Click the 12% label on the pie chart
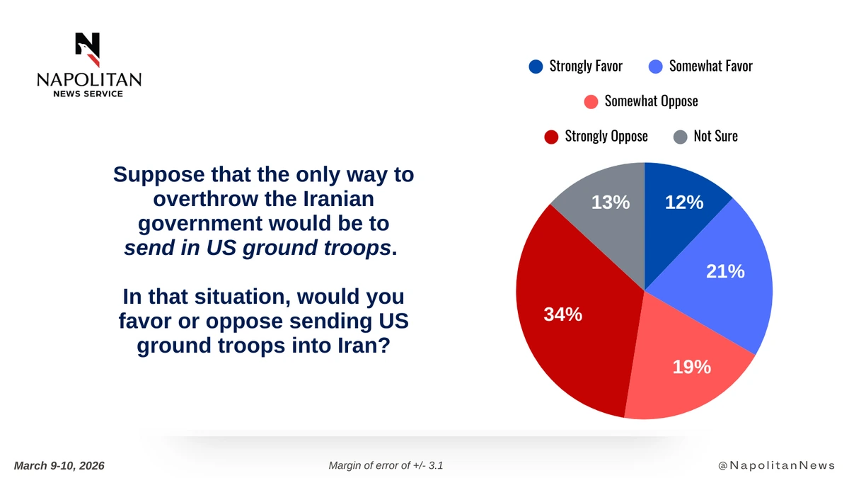pyautogui.click(x=684, y=203)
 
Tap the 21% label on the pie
pyautogui.click(x=725, y=271)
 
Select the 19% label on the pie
pyautogui.click(x=692, y=367)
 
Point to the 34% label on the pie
pyautogui.click(x=563, y=314)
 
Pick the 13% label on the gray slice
pyautogui.click(x=611, y=203)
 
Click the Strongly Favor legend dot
pyautogui.click(x=536, y=67)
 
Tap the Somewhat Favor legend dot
pyautogui.click(x=656, y=67)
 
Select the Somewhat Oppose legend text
pyautogui.click(x=651, y=101)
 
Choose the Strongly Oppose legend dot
pyautogui.click(x=551, y=137)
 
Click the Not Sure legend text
pyautogui.click(x=715, y=136)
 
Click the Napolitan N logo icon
pyautogui.click(x=88, y=50)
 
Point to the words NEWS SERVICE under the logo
pyautogui.click(x=88, y=93)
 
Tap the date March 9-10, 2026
pyautogui.click(x=59, y=465)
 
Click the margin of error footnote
pyautogui.click(x=386, y=465)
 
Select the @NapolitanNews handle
pyautogui.click(x=777, y=465)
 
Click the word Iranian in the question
pyautogui.click(x=338, y=199)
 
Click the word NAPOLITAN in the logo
pyautogui.click(x=89, y=79)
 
